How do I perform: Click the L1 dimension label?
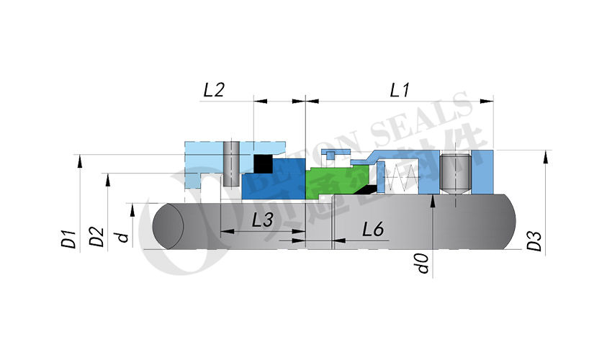[x=400, y=90]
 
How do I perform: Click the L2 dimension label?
[x=214, y=90]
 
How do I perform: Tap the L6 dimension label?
[x=372, y=230]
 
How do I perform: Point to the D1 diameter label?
[x=69, y=238]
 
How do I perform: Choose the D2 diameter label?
[x=97, y=237]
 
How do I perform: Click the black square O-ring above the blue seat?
[x=263, y=164]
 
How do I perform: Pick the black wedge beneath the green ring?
[x=367, y=190]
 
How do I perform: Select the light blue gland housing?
[x=204, y=155]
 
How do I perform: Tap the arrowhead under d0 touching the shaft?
[x=431, y=204]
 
